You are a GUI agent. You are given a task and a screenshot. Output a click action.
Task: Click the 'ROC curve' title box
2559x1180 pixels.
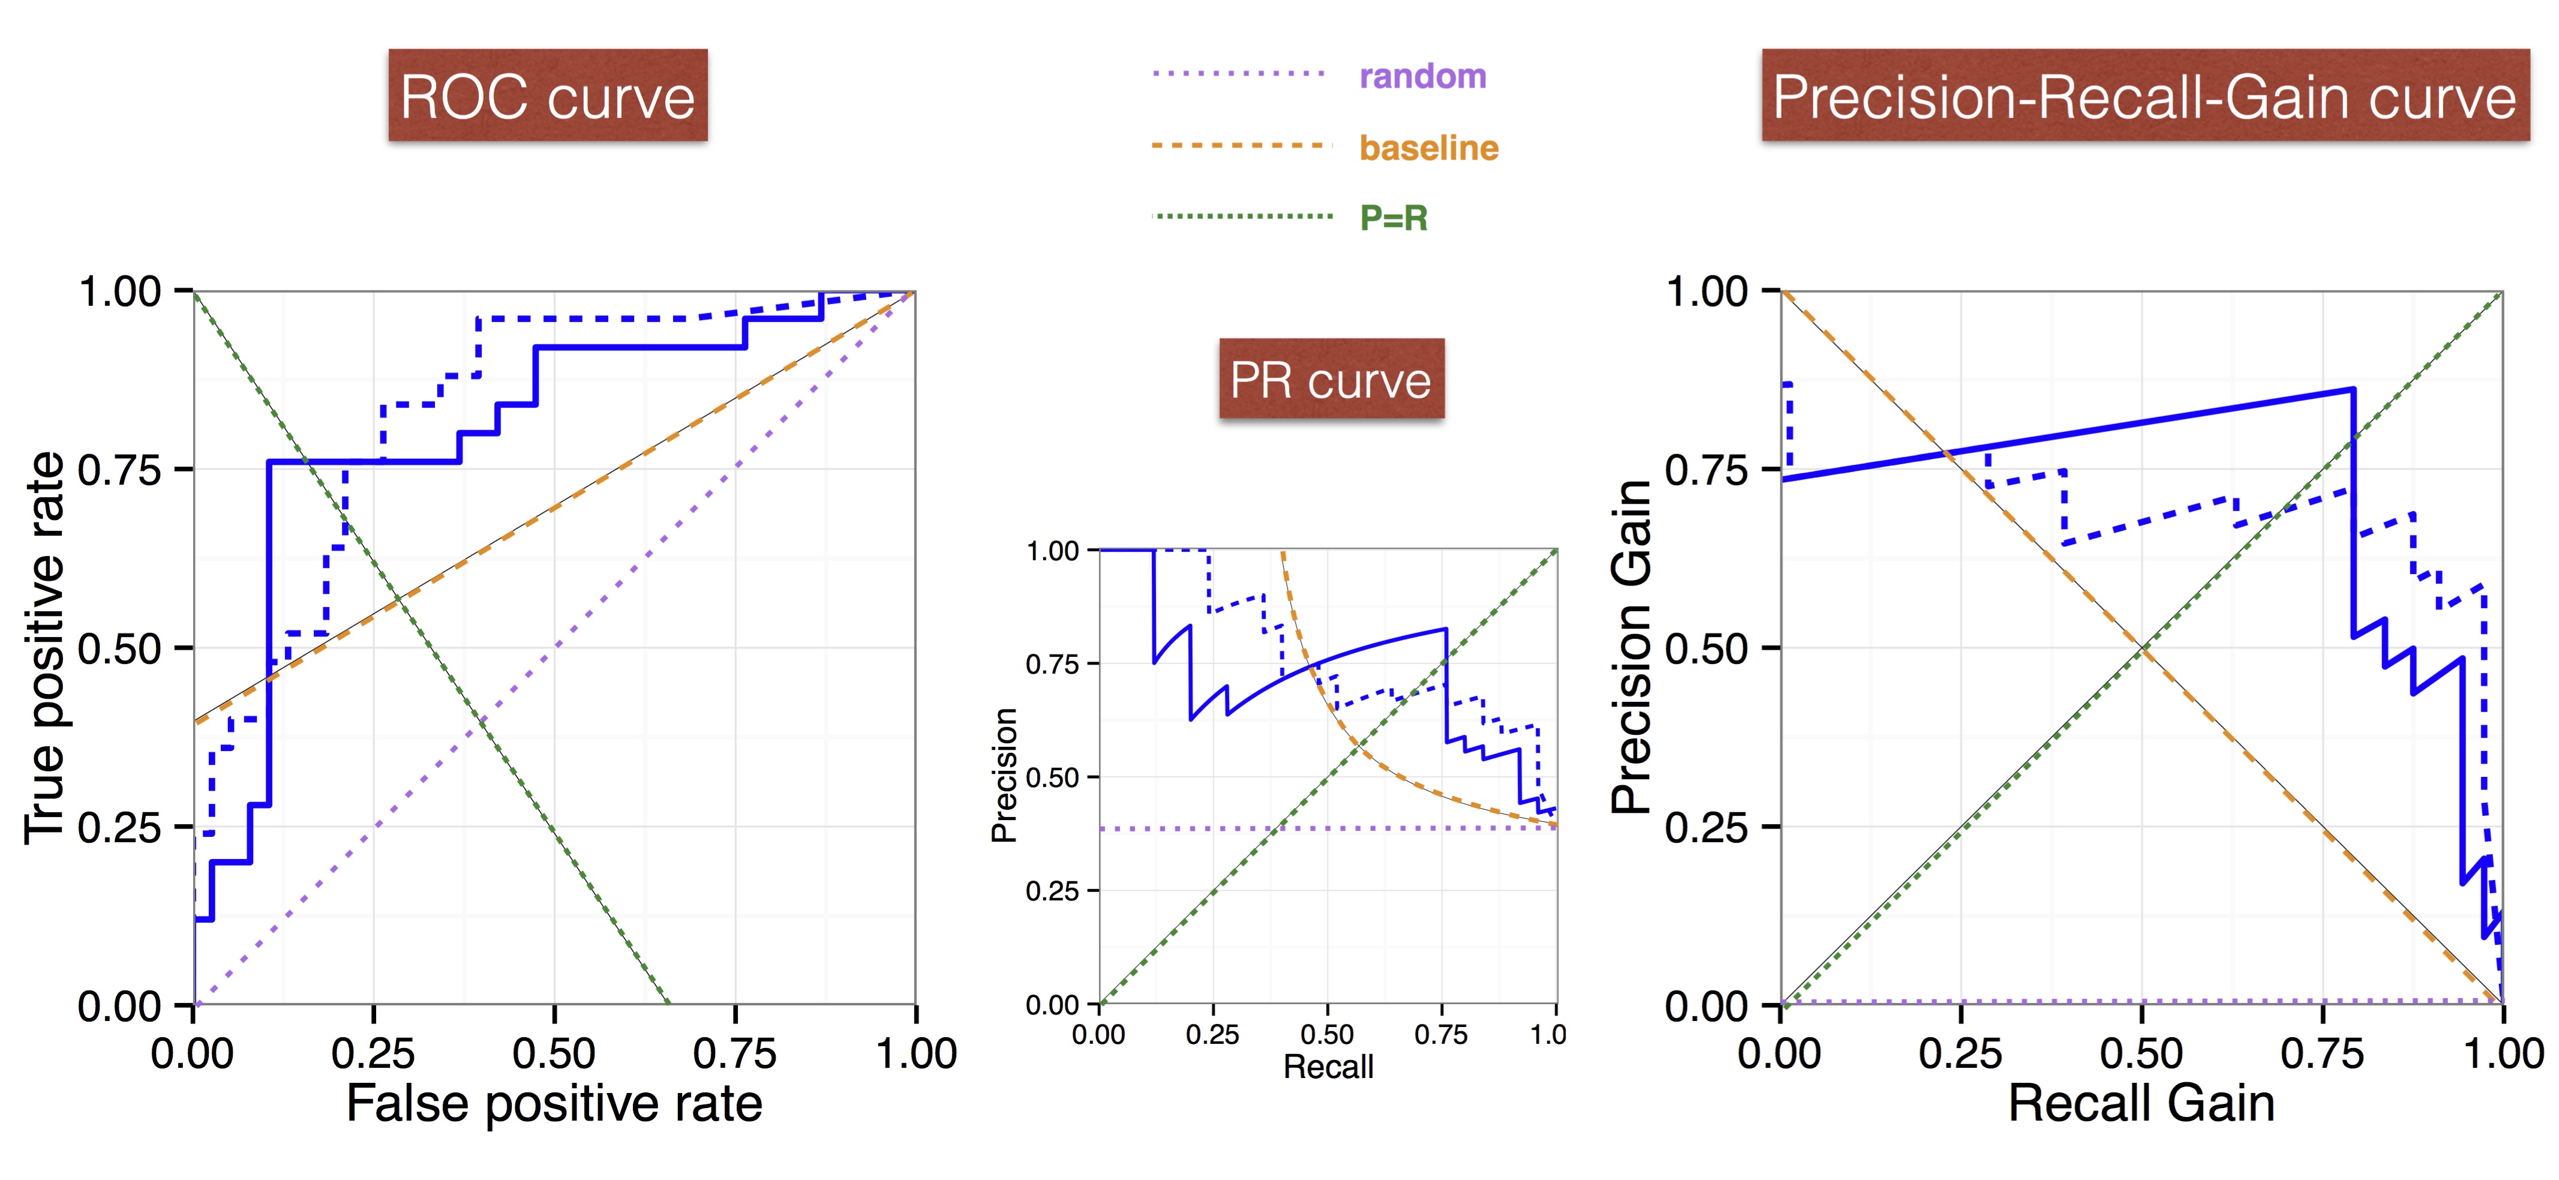[x=547, y=95]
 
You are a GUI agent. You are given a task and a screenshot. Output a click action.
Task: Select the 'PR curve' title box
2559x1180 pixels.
[x=1331, y=379]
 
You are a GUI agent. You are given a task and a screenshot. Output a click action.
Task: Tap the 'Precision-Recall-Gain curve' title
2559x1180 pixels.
[x=2144, y=95]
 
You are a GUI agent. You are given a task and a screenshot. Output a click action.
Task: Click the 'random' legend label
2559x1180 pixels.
[x=1422, y=76]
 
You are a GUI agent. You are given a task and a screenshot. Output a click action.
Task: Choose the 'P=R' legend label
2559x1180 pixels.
[x=1393, y=218]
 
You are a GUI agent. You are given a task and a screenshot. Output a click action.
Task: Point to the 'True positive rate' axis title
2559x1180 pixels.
[x=45, y=648]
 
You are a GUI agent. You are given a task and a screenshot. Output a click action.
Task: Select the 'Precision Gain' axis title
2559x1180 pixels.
[x=1631, y=648]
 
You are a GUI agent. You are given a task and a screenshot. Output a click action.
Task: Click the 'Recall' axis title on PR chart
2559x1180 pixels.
[x=1328, y=1067]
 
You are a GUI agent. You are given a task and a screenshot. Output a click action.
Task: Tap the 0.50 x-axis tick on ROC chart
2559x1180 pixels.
[x=553, y=1053]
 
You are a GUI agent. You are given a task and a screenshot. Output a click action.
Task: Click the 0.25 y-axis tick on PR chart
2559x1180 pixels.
[x=1052, y=891]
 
